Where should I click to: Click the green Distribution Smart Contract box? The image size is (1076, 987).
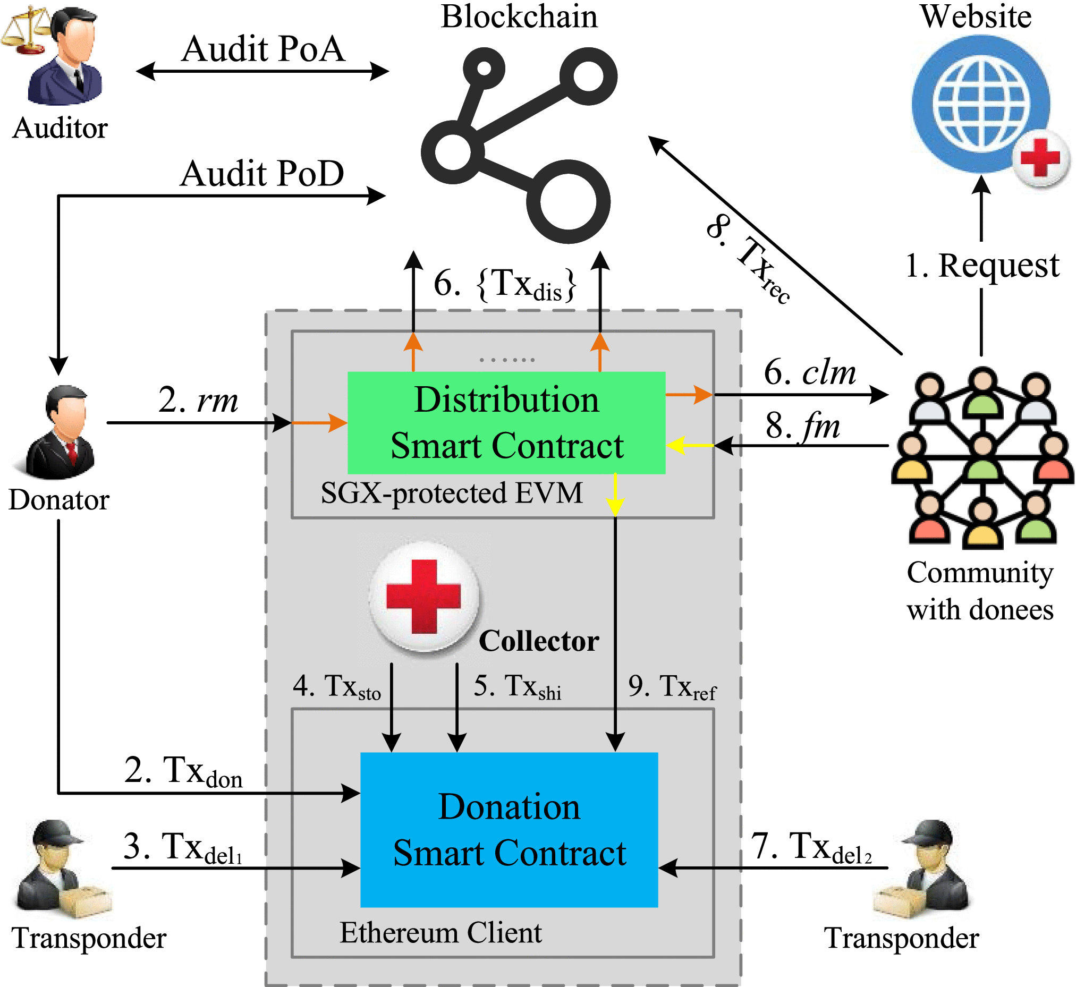pos(506,422)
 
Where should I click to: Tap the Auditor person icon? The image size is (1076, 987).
pos(67,56)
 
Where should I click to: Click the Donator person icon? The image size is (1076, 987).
pos(60,432)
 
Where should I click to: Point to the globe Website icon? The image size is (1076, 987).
pos(980,104)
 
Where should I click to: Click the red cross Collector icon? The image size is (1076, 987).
pos(423,597)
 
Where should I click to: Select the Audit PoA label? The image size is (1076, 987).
pos(263,49)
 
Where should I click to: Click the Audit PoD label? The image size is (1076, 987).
pos(262,174)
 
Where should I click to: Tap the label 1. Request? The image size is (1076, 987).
pos(982,266)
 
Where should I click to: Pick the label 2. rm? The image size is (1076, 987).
pos(198,399)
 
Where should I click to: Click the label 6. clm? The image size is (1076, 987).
pos(809,372)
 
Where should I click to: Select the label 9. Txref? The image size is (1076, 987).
pos(672,686)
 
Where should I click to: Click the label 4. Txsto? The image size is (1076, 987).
pos(336,686)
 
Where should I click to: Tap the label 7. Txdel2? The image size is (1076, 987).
pos(811,848)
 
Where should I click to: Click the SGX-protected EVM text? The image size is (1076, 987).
pos(452,492)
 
